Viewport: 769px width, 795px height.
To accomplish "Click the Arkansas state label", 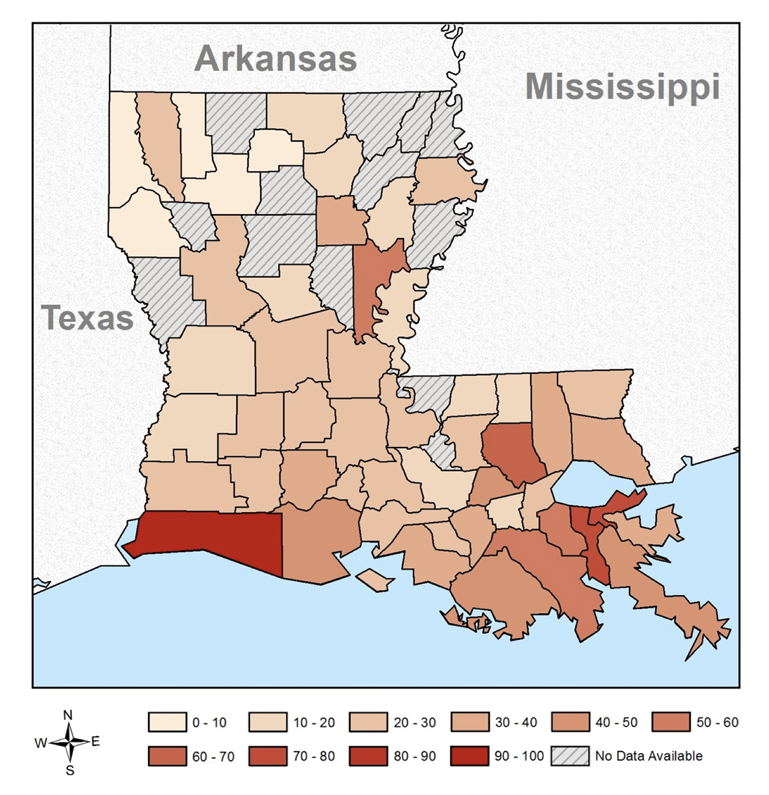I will coord(276,59).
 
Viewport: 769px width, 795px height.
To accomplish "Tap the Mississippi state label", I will coord(622,87).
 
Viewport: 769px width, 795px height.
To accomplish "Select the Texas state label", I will coord(87,318).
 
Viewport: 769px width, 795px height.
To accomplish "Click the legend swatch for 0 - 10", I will coord(167,723).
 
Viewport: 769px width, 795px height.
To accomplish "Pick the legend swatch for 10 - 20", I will coord(268,723).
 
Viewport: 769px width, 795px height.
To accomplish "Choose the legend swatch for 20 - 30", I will coord(368,723).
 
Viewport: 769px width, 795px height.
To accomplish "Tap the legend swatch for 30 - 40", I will coord(470,723).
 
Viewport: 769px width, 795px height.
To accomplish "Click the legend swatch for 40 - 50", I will coord(570,723).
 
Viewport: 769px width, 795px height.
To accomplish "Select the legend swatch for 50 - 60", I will coord(671,723).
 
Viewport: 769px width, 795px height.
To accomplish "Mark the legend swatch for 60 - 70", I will coord(167,756).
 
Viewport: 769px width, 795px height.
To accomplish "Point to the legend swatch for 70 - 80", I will coord(268,756).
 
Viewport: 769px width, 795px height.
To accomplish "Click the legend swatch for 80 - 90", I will coord(368,756).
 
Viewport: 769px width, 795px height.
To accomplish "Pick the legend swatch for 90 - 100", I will coord(470,756).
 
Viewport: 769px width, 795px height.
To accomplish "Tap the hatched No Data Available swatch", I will coord(570,756).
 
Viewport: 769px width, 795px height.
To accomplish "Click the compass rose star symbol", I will coord(69,742).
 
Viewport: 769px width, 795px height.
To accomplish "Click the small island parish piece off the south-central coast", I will coord(375,580).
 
